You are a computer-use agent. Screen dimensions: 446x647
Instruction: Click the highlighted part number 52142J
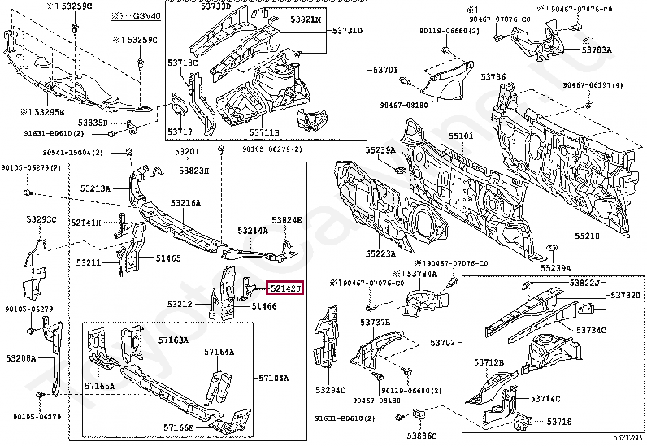[x=285, y=288]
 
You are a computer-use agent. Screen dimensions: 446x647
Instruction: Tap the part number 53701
[x=385, y=70]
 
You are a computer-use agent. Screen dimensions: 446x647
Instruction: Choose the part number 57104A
[x=274, y=378]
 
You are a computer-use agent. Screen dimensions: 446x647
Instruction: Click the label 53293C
[x=41, y=219]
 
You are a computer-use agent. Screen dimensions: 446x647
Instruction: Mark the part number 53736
[x=493, y=77]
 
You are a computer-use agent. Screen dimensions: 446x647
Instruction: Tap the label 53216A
[x=185, y=202]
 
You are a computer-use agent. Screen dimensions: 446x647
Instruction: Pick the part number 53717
[x=180, y=132]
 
